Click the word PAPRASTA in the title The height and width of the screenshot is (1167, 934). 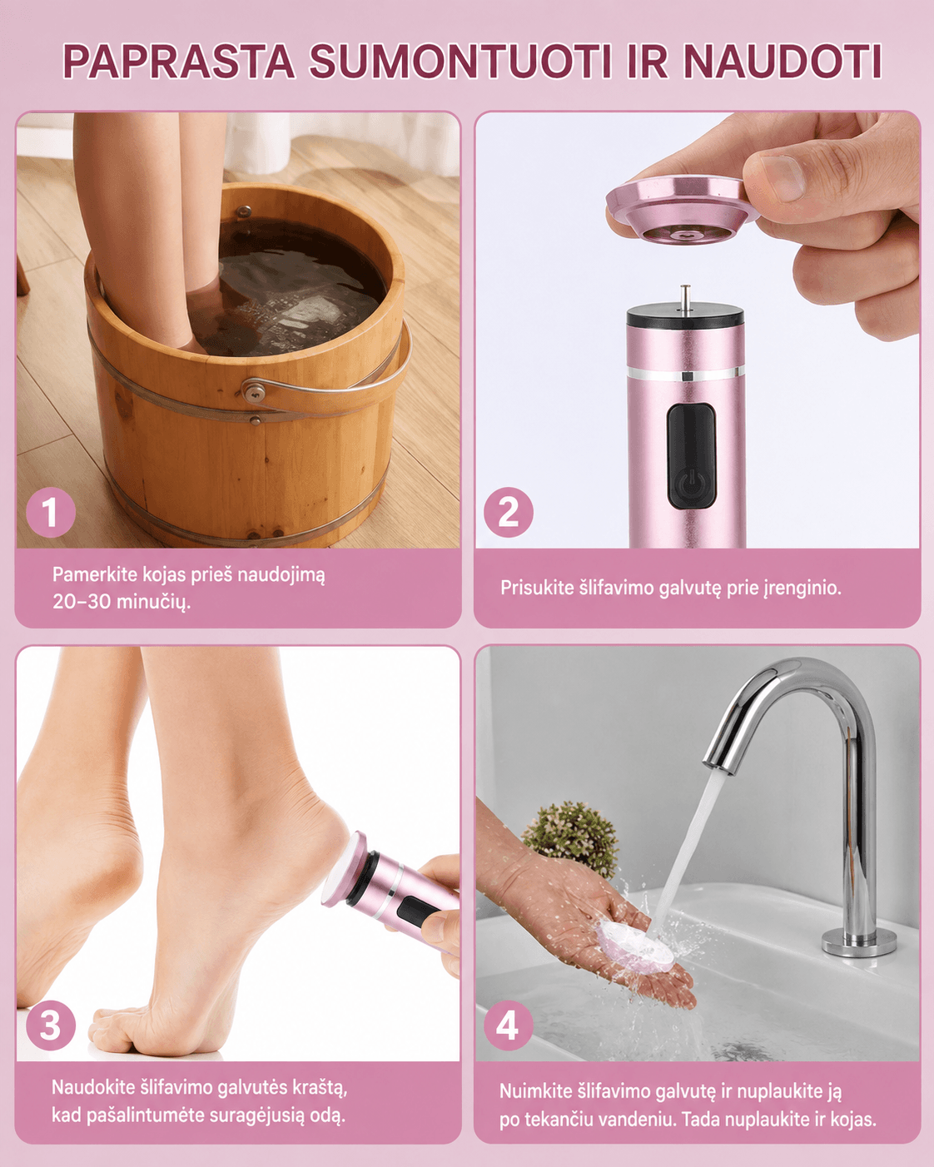(x=178, y=61)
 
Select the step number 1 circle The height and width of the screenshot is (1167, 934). (x=51, y=512)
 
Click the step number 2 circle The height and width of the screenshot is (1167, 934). (x=509, y=512)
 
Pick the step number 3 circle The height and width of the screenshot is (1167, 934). (x=51, y=1025)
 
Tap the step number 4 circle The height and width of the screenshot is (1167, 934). (x=509, y=1025)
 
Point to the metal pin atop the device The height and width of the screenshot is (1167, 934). (x=686, y=298)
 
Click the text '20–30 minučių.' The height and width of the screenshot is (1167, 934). (x=121, y=602)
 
